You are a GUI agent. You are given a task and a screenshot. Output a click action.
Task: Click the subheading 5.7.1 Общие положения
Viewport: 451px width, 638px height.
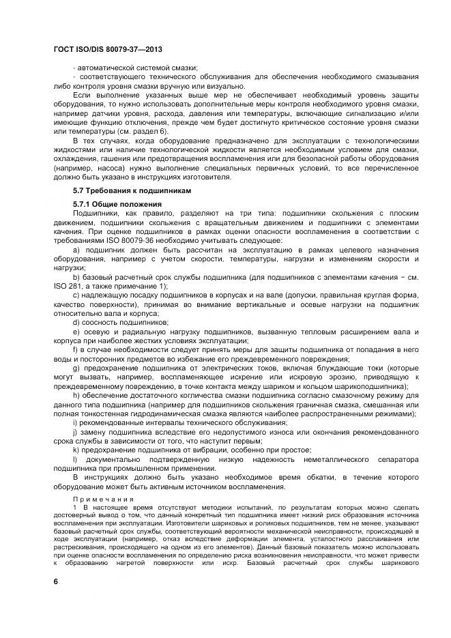(117, 204)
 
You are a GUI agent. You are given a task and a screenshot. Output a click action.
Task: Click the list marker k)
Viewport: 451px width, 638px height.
(76, 449)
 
